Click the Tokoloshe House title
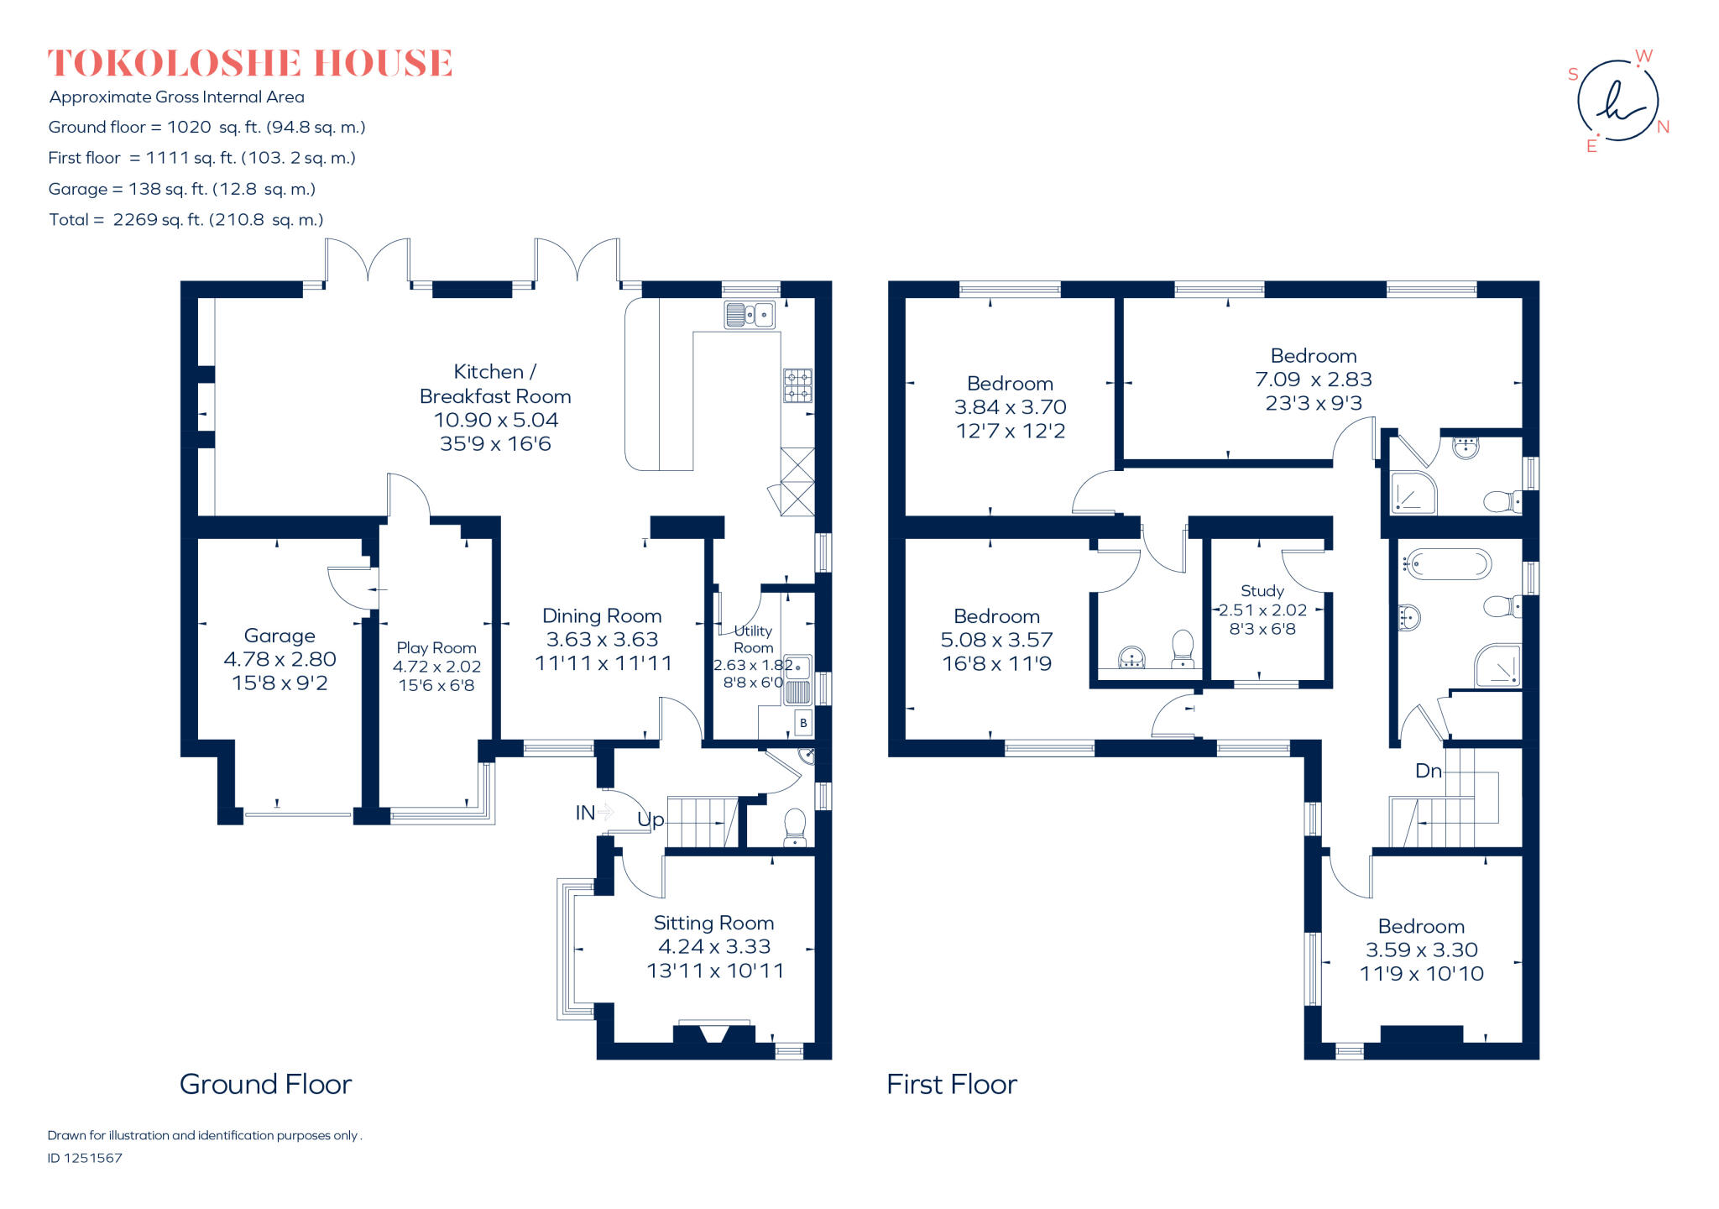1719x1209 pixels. [250, 64]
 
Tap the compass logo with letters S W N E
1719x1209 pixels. [1618, 102]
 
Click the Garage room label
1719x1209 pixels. [280, 636]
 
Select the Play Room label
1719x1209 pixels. [436, 648]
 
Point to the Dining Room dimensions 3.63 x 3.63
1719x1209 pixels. [602, 640]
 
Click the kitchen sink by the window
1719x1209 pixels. [750, 315]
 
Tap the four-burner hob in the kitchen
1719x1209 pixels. [797, 386]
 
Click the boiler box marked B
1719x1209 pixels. [803, 723]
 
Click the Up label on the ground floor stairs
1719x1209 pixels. [651, 819]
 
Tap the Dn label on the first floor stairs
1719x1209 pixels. [1428, 771]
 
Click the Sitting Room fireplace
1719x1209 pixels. [713, 1033]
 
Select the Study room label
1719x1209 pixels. [1262, 591]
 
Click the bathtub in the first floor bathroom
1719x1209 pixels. [1449, 564]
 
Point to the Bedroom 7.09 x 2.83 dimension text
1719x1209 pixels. [1313, 379]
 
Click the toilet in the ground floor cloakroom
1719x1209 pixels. [794, 826]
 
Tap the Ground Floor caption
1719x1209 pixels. [265, 1084]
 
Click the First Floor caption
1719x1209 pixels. [951, 1084]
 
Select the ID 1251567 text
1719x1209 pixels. [85, 1158]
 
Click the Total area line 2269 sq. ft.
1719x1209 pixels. [185, 220]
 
